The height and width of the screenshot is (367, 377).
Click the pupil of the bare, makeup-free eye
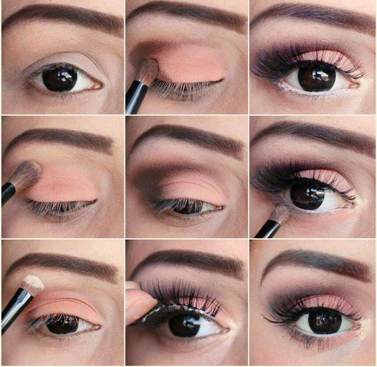pyautogui.click(x=60, y=79)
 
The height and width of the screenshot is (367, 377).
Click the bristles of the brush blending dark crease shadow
pyautogui.click(x=147, y=72)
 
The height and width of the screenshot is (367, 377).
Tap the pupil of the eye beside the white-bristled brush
pyautogui.click(x=62, y=324)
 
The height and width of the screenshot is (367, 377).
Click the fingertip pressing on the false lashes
pyautogui.click(x=139, y=304)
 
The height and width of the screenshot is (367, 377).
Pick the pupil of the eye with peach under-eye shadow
pyautogui.click(x=324, y=321)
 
